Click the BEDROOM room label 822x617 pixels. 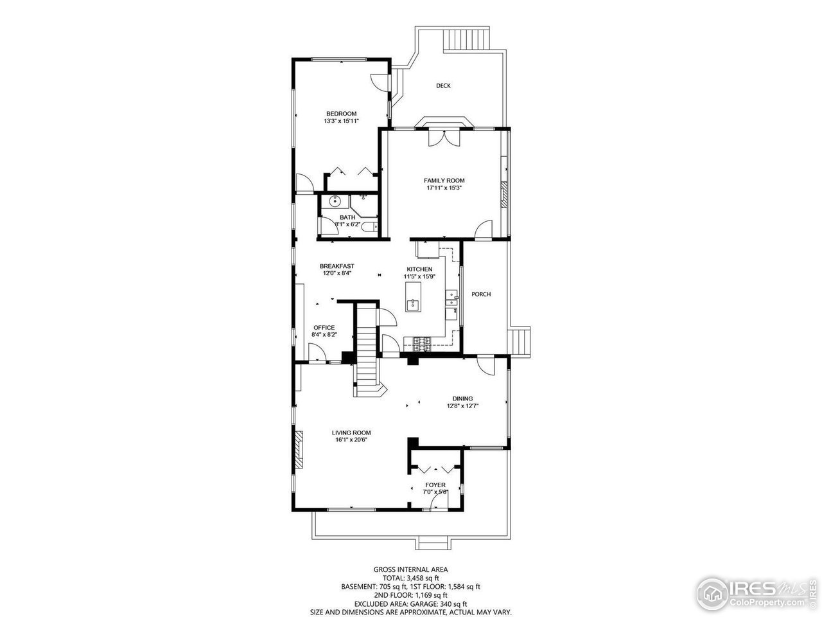click(340, 113)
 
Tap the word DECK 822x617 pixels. click(443, 85)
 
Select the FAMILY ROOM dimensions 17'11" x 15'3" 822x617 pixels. click(444, 188)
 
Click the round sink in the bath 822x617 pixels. click(333, 202)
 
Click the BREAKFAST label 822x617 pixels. click(337, 265)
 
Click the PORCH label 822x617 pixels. click(481, 294)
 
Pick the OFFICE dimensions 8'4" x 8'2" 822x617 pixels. click(324, 335)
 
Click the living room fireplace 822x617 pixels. click(299, 450)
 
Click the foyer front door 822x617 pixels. click(439, 500)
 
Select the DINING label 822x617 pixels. click(462, 398)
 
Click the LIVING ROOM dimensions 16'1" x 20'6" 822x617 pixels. click(351, 440)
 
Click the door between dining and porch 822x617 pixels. click(486, 365)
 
